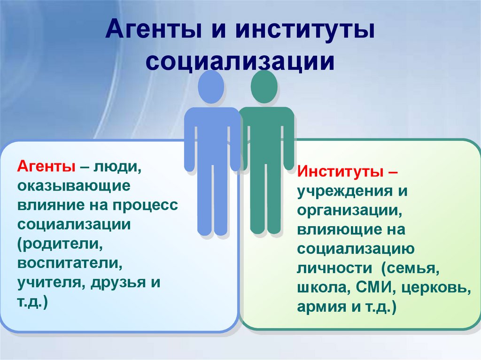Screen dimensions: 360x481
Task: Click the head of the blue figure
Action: coord(210,87)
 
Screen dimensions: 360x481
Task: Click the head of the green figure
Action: coord(264,87)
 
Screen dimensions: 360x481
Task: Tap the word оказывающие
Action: coord(74,185)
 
